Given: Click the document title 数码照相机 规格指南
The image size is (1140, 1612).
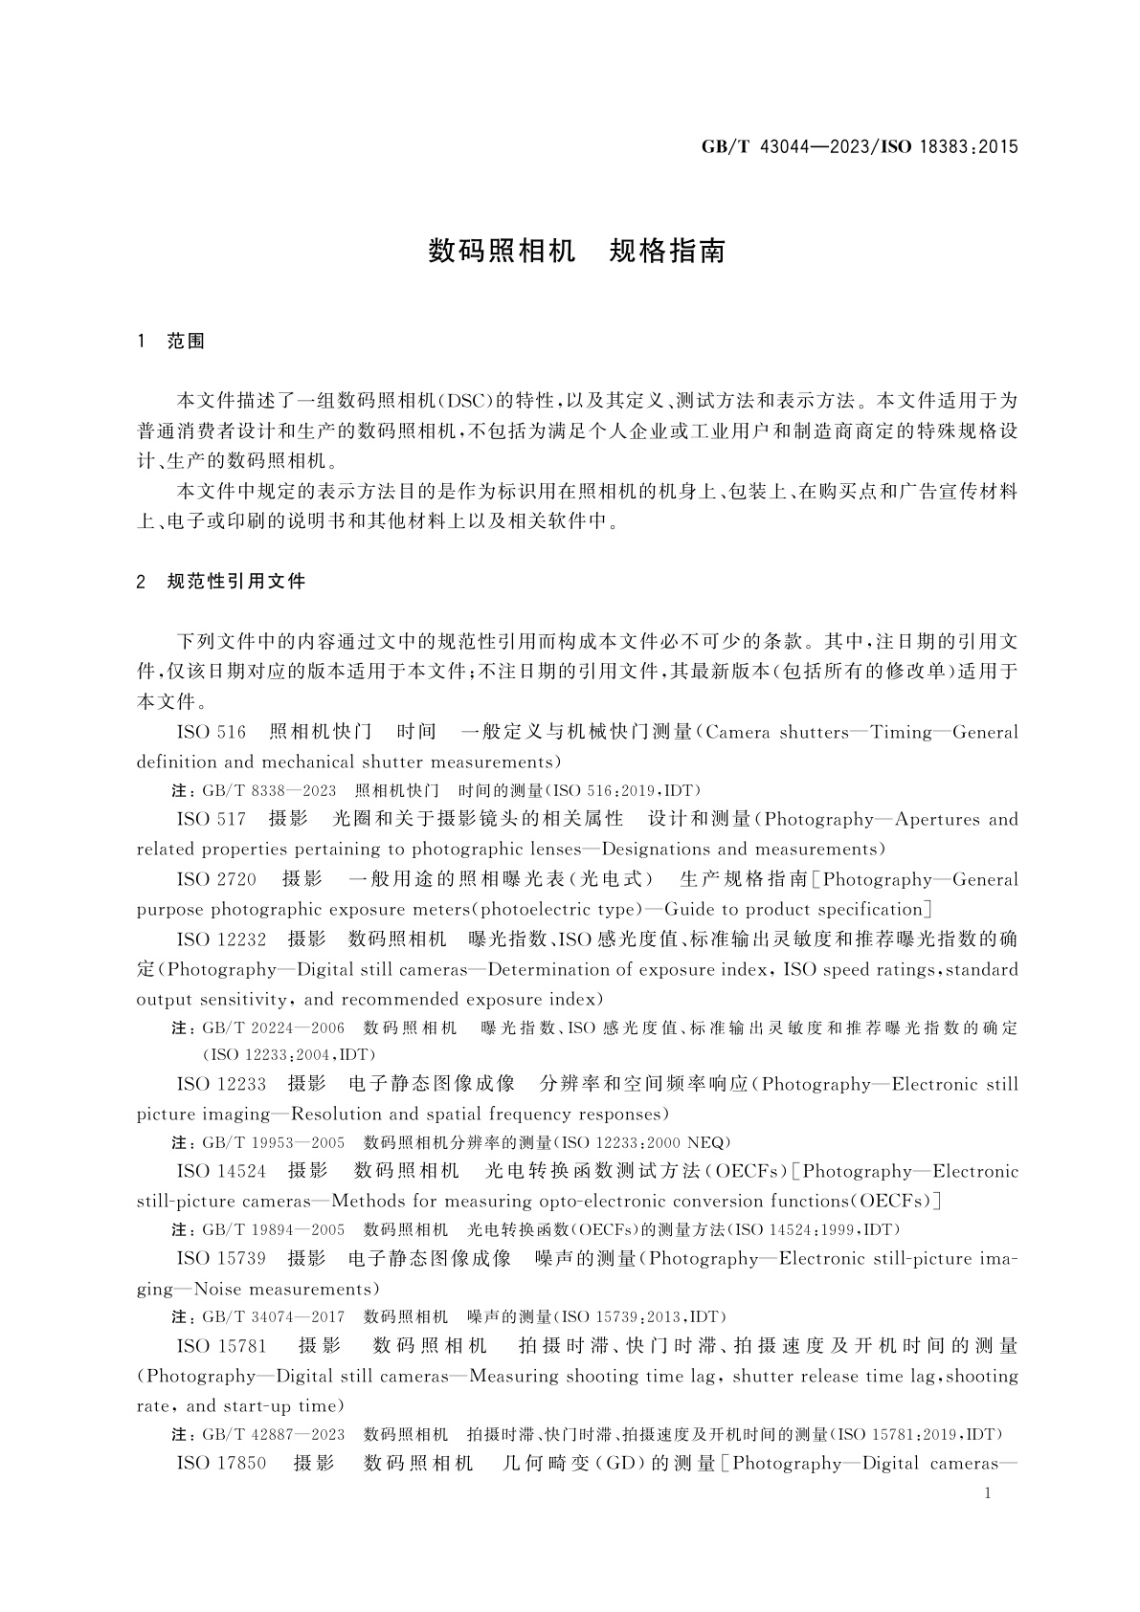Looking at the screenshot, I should (576, 252).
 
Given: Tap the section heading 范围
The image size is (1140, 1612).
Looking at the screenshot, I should (186, 342).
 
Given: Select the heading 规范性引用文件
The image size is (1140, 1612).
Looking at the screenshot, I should (236, 581).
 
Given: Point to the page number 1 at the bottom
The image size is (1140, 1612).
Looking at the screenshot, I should (988, 1493).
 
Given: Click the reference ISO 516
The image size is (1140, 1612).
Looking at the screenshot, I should (212, 733).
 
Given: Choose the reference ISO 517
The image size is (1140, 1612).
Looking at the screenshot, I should (212, 820).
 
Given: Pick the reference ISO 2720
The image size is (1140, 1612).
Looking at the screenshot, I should (217, 880).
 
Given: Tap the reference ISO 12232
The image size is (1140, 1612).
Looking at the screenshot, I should (222, 939).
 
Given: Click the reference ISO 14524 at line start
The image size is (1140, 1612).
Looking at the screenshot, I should (222, 1172).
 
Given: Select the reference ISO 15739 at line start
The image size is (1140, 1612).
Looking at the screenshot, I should (222, 1259).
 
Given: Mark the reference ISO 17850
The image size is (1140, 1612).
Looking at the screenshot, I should (222, 1464).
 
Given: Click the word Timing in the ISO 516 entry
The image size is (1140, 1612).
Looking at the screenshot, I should (901, 733).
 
